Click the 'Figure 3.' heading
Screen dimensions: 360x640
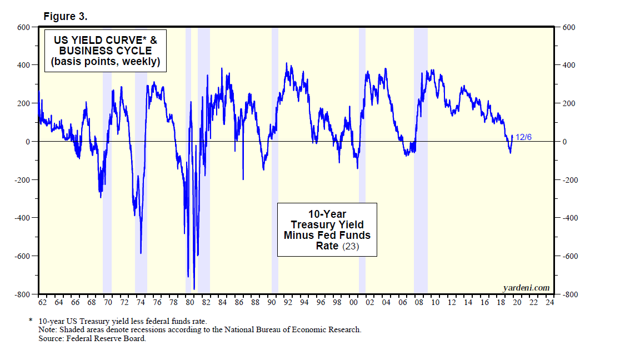65,16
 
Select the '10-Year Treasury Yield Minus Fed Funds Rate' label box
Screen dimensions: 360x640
327,229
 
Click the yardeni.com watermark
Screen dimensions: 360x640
526,287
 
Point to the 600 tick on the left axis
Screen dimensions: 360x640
23,27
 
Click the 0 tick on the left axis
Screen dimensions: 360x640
27,142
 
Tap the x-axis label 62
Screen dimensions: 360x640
42,303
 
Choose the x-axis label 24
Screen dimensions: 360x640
549,303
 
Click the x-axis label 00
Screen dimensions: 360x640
354,303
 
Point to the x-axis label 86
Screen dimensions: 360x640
239,303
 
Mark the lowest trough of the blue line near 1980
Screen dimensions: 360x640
194,289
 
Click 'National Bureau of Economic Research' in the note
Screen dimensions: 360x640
293,329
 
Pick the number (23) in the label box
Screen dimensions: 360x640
351,246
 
